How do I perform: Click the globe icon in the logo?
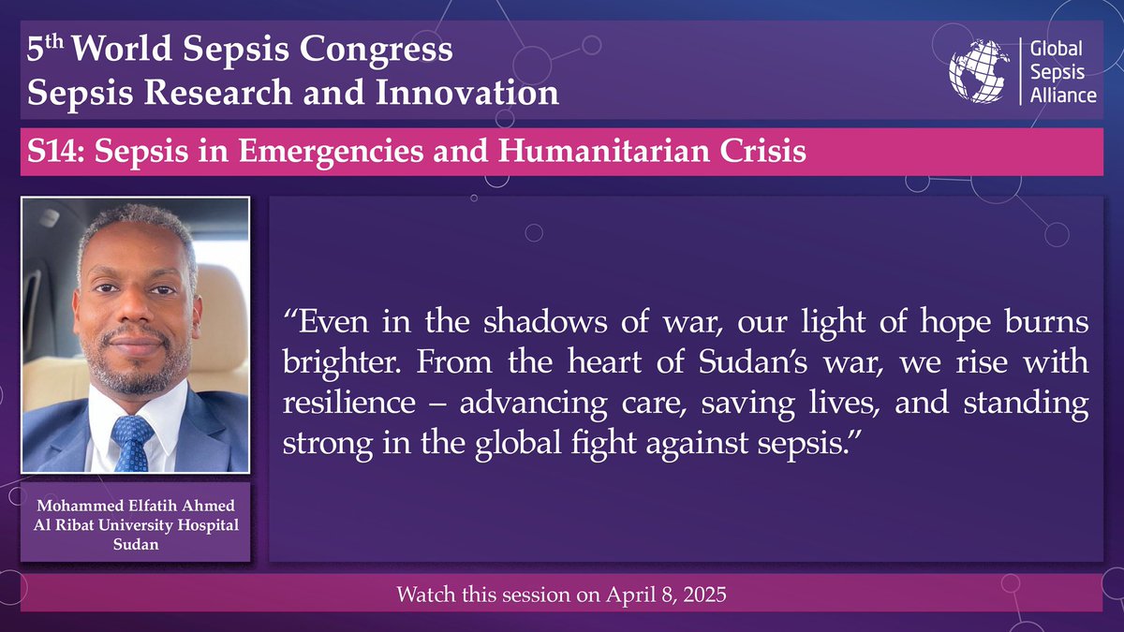click(979, 70)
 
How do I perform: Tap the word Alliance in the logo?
click(1063, 95)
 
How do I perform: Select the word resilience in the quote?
click(336, 403)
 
